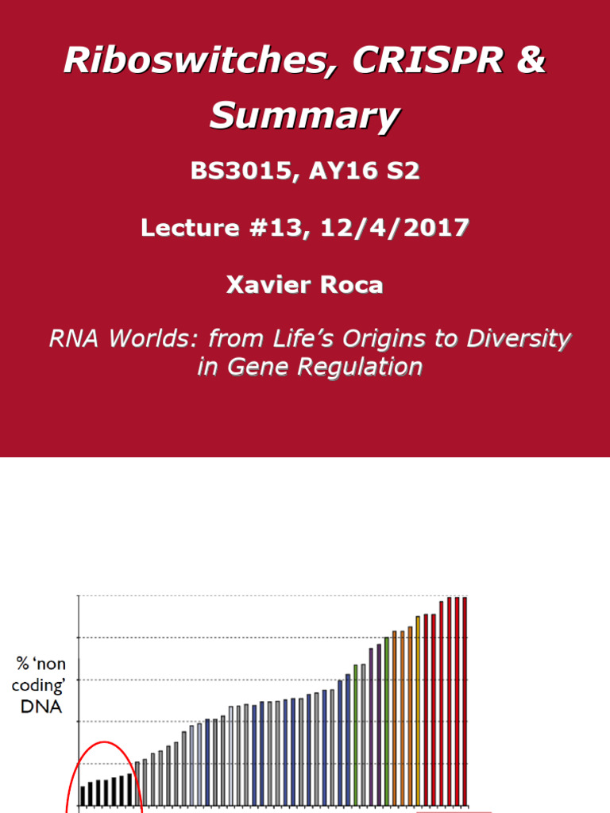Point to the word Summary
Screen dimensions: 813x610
pyautogui.click(x=304, y=117)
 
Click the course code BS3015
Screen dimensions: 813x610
pyautogui.click(x=238, y=171)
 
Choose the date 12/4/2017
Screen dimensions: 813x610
pyautogui.click(x=394, y=228)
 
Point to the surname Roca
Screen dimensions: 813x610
pyautogui.click(x=351, y=285)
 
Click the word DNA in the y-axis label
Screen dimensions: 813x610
pyautogui.click(x=41, y=706)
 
